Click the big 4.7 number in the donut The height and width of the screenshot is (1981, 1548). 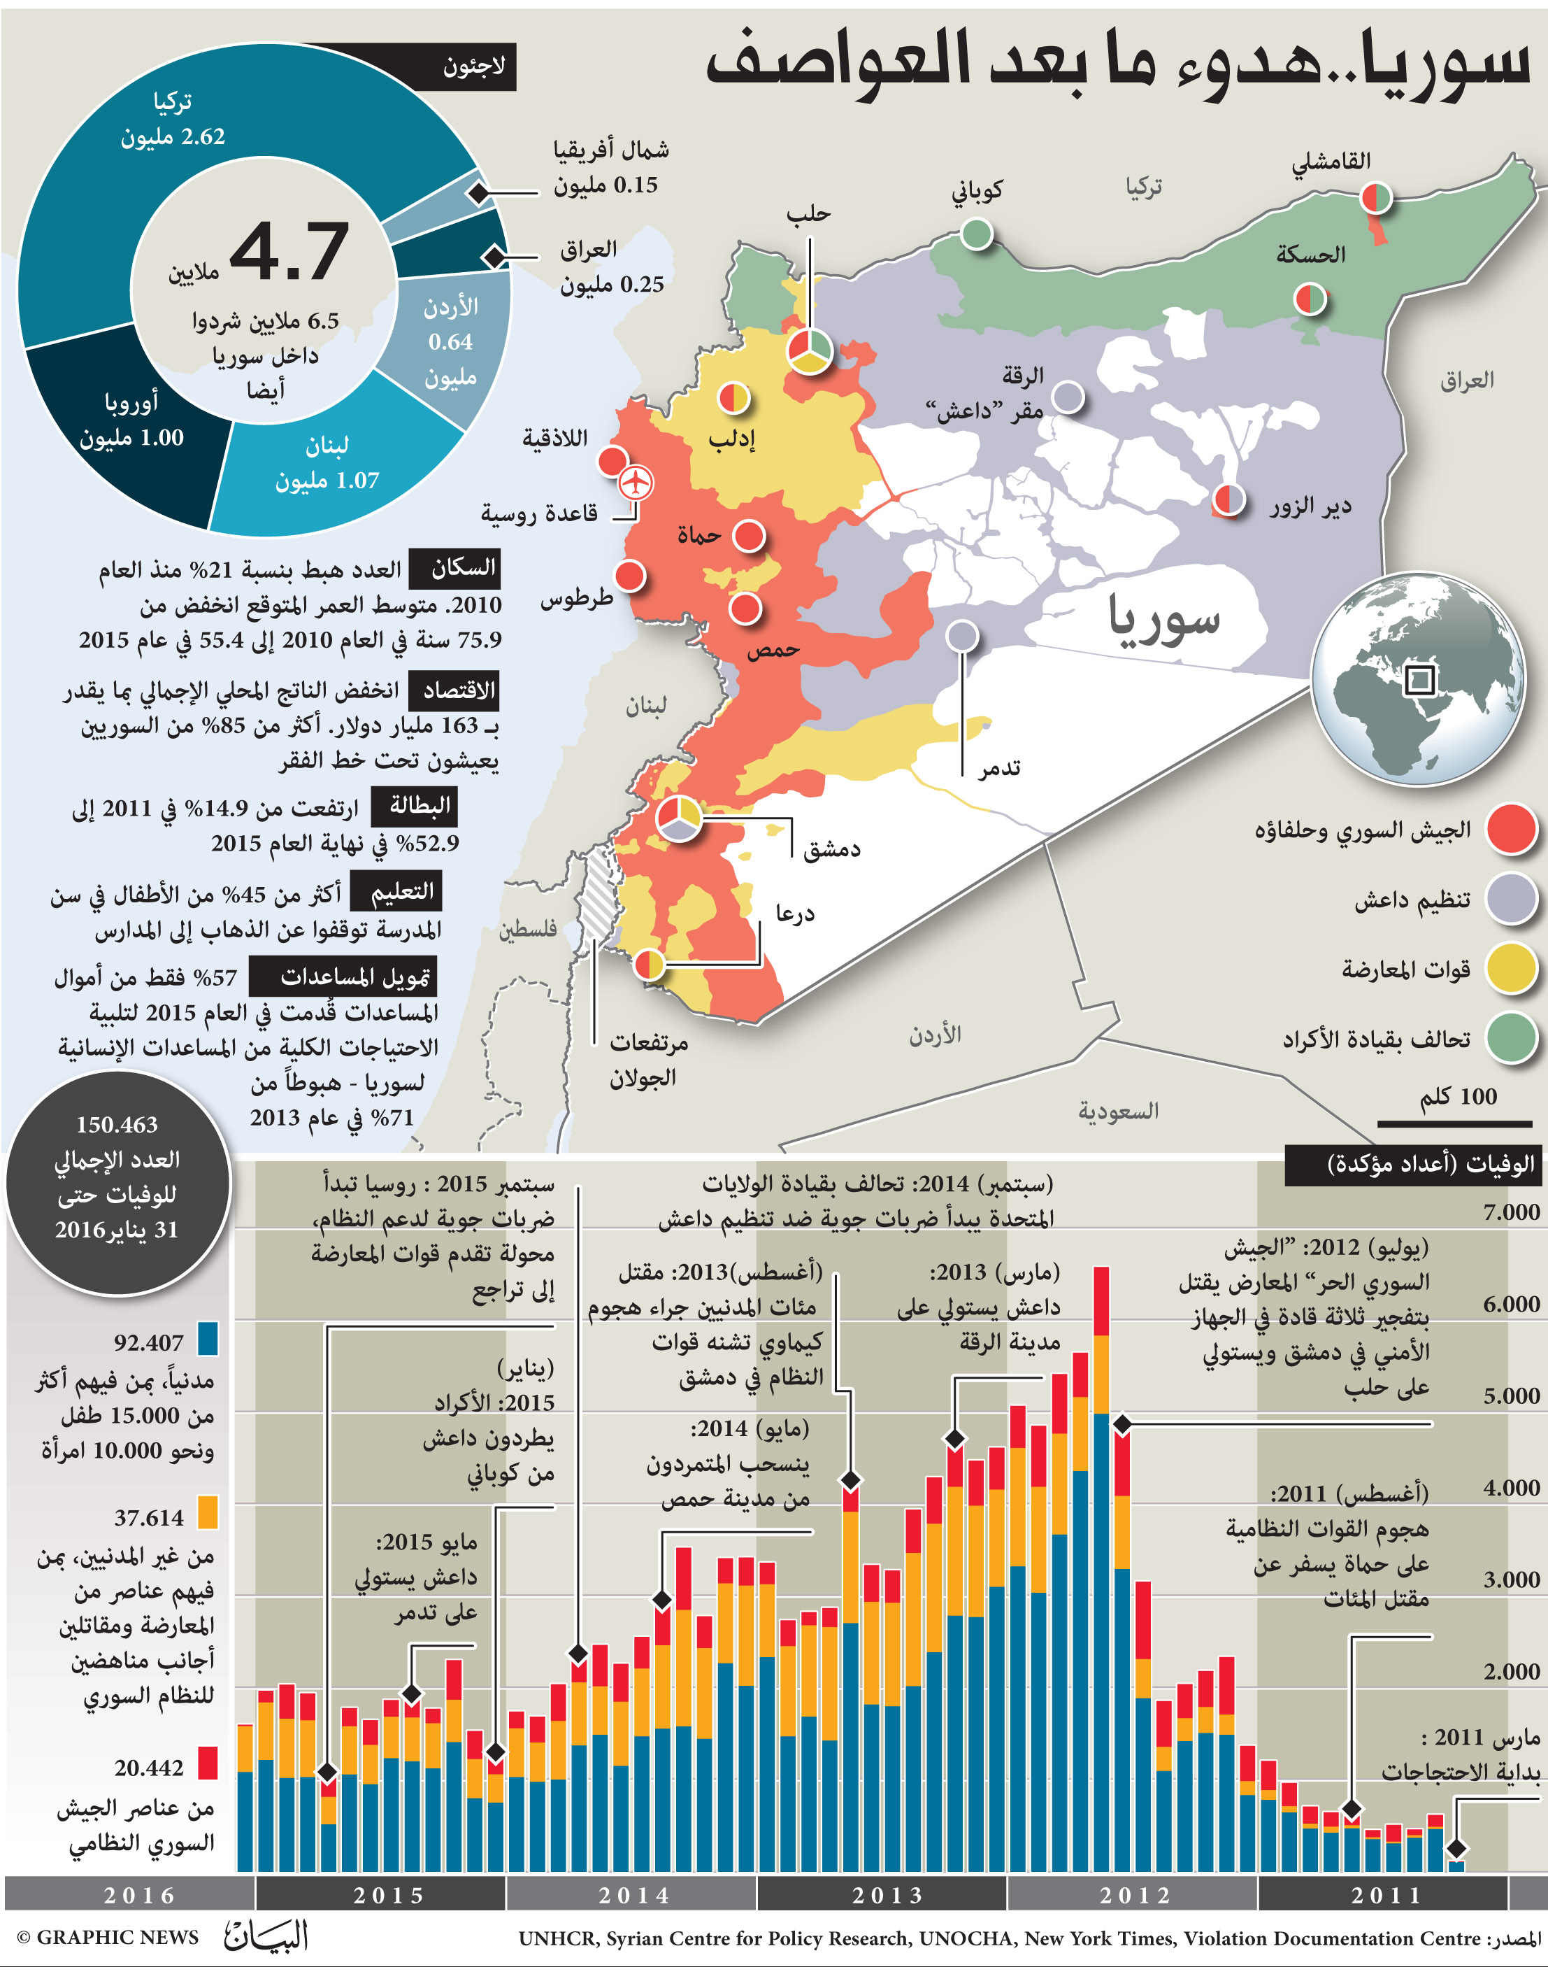(289, 250)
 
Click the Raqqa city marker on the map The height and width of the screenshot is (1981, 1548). (1068, 397)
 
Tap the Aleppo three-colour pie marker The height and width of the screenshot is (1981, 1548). (808, 350)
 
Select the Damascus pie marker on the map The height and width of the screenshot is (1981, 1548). (678, 818)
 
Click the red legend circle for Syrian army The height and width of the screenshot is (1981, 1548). (1511, 829)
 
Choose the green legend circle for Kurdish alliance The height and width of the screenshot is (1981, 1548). (1511, 1037)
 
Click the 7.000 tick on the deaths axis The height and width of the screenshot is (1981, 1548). (1511, 1212)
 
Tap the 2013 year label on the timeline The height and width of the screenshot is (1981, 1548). (887, 1895)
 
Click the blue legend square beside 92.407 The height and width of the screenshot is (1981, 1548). (208, 1339)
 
